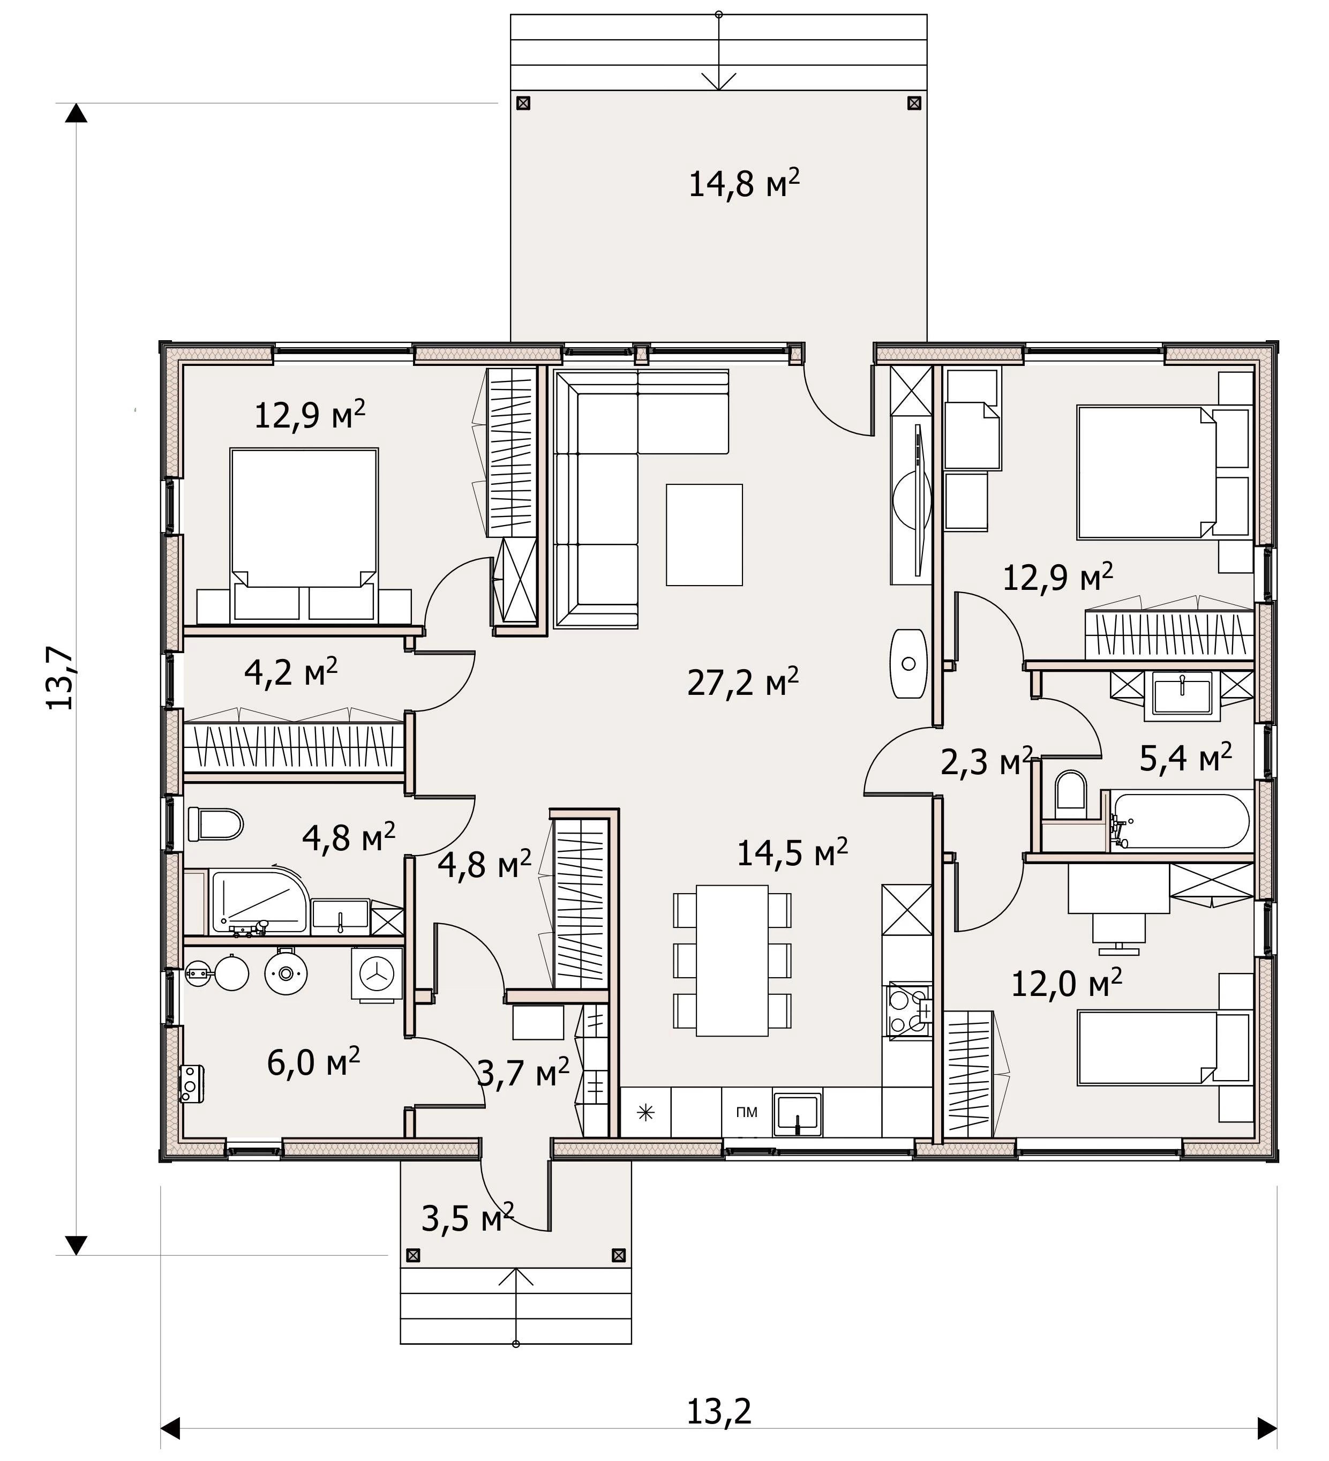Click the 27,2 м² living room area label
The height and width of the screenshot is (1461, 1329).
tap(743, 681)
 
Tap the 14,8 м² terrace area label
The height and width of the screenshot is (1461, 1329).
tap(744, 183)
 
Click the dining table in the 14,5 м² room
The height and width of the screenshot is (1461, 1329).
tap(732, 960)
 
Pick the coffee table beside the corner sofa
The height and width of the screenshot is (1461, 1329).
tap(704, 534)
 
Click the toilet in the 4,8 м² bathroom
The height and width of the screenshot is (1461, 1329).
tap(215, 824)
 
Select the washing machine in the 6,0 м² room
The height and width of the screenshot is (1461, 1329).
tap(377, 975)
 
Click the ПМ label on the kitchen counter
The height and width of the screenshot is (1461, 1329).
tap(746, 1112)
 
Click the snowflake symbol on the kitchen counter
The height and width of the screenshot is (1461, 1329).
tap(645, 1112)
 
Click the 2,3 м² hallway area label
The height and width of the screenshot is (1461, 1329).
tap(986, 762)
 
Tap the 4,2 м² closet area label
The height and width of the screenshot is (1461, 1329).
tap(290, 672)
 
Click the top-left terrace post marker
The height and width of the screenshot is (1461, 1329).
tap(523, 103)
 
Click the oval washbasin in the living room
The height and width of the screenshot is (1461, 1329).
tap(908, 663)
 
